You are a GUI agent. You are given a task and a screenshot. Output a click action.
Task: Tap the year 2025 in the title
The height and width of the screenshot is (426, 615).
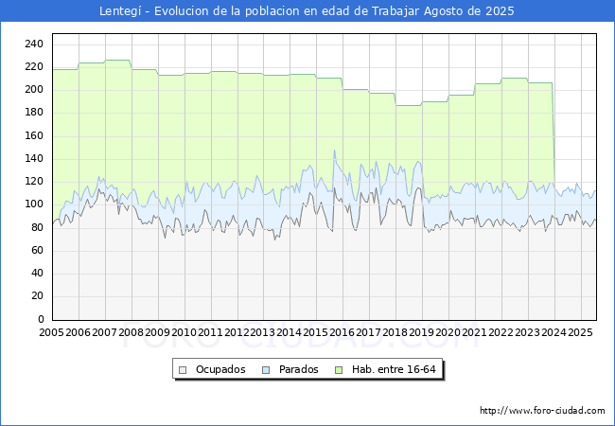(500, 11)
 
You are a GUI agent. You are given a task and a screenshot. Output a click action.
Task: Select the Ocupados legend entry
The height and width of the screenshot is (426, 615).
(212, 369)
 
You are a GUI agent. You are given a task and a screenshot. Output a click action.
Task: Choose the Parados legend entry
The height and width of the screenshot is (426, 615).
(290, 369)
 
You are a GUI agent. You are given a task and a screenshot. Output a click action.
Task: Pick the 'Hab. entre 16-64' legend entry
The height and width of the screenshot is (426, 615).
(385, 369)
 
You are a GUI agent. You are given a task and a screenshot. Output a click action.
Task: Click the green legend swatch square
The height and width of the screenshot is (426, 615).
(339, 370)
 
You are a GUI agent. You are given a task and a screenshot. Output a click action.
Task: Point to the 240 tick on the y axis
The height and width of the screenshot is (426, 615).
(34, 44)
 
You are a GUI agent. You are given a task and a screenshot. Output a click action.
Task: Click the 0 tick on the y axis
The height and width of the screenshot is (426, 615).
(41, 319)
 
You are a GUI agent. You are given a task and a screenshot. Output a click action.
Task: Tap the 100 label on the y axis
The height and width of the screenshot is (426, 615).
(34, 204)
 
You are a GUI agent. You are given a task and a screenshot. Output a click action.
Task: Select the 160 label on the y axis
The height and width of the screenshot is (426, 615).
(34, 135)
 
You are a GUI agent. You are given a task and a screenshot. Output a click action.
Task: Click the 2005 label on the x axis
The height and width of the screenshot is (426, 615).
(51, 332)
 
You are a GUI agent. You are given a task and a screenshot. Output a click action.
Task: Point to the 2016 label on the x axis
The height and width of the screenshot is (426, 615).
(342, 332)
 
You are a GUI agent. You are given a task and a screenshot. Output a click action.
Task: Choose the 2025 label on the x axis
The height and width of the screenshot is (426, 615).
(580, 332)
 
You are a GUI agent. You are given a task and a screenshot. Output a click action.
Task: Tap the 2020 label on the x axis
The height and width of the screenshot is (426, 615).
(448, 332)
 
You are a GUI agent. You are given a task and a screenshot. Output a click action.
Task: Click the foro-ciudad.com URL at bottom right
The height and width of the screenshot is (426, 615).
(542, 411)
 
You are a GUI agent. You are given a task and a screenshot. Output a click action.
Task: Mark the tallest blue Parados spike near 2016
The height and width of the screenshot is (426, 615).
(334, 151)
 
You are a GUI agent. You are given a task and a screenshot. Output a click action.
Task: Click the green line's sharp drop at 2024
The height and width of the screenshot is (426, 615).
(553, 133)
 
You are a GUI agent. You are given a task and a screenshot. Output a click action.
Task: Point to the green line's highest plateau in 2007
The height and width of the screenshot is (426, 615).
(117, 60)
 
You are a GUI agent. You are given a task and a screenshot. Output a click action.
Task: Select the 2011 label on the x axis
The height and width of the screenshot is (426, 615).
(210, 332)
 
